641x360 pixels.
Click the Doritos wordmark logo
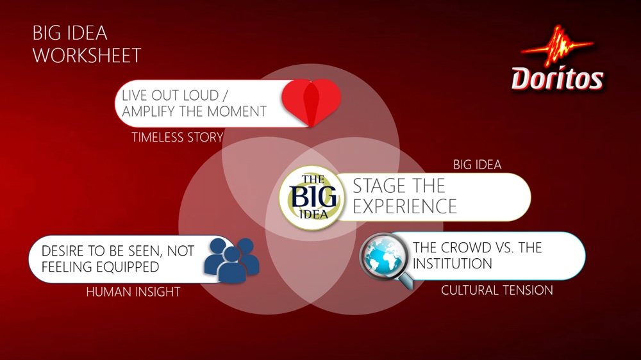point(557,78)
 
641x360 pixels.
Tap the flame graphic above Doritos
point(557,45)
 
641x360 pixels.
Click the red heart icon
point(311,102)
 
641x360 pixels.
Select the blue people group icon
point(231,261)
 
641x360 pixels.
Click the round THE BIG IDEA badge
point(312,198)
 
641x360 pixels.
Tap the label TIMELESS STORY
point(178,137)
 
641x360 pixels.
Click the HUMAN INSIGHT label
point(133,291)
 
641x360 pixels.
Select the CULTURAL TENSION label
point(497,290)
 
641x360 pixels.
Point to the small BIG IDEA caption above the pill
point(477,165)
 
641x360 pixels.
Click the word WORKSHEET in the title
point(87,56)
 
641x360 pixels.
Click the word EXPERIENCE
point(404,206)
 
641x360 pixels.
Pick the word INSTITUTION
point(452,264)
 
